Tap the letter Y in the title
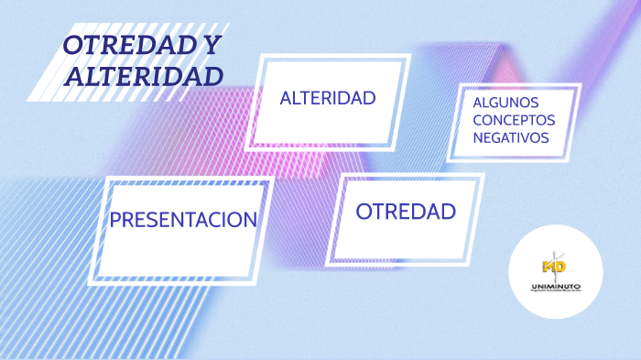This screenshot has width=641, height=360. tap(212, 46)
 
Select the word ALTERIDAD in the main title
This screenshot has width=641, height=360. tap(144, 76)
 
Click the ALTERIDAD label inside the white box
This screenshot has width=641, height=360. tap(328, 98)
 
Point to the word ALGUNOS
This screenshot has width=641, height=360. tap(505, 103)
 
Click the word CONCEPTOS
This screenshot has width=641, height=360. tap(514, 120)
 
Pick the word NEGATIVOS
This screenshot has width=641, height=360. tap(511, 137)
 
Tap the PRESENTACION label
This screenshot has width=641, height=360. tap(182, 220)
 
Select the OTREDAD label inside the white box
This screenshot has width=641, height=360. tap(406, 212)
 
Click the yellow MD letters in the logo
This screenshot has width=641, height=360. tap(554, 267)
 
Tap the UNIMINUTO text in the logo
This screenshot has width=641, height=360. tap(554, 287)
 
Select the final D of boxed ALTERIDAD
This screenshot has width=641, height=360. tap(369, 98)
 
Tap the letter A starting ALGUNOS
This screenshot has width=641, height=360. tap(478, 103)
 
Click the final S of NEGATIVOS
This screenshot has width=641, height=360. tap(545, 137)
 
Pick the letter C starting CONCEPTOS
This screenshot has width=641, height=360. tap(478, 120)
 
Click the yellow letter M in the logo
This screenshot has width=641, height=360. tap(549, 267)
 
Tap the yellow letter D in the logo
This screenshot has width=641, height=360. tap(560, 267)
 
